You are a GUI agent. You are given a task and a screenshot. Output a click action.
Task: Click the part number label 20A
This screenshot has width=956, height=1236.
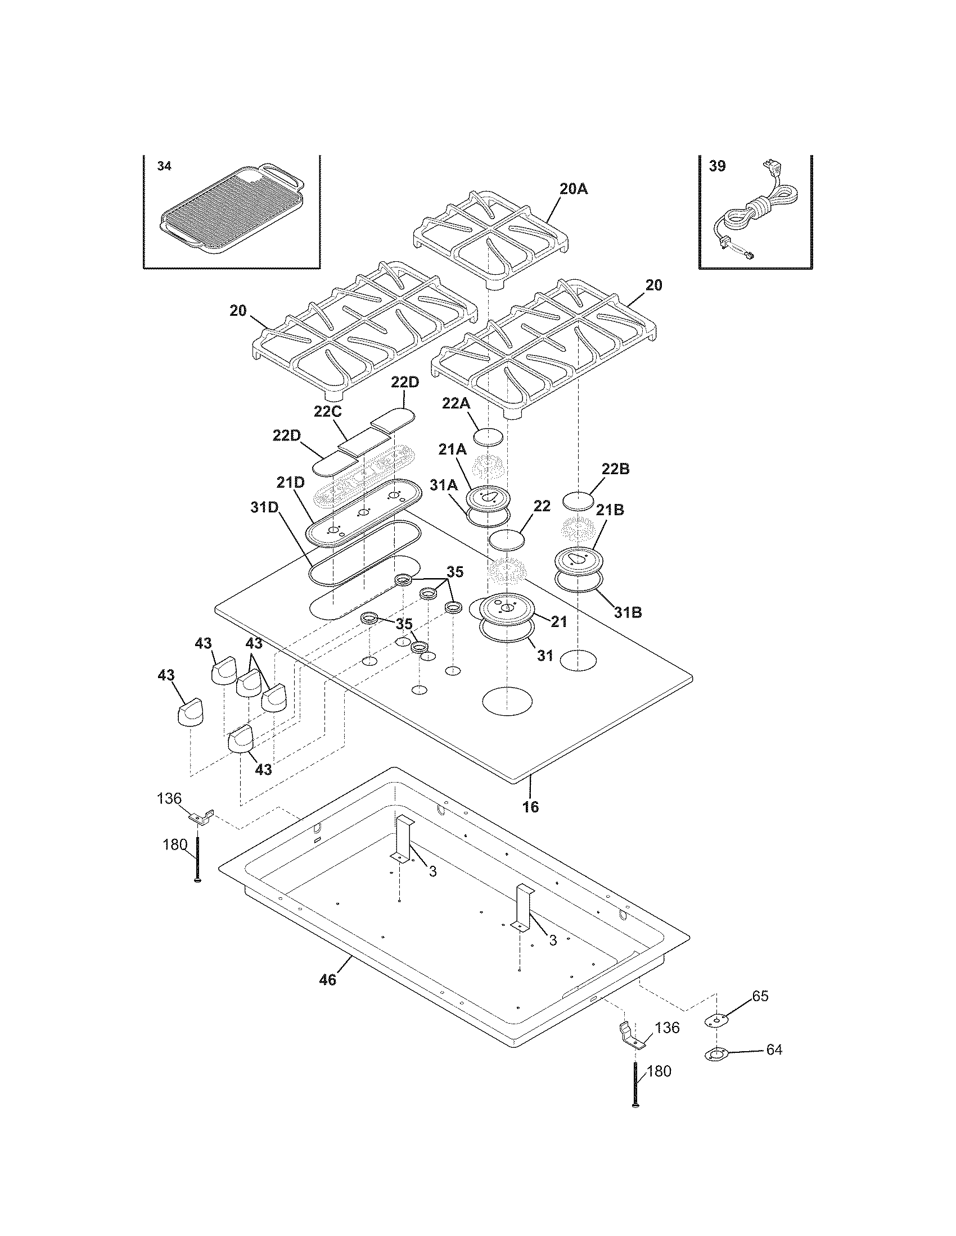pos(573,189)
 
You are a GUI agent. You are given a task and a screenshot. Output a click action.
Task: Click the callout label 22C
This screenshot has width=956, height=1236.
pos(328,411)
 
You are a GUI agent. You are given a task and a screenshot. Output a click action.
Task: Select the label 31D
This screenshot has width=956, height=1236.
pos(264,508)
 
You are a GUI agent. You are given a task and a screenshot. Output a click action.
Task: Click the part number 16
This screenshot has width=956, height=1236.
pos(530,807)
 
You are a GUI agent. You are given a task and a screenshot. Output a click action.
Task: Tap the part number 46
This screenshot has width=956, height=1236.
pos(327,979)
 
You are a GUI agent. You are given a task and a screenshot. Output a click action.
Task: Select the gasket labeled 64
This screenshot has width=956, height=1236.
pos(716,1055)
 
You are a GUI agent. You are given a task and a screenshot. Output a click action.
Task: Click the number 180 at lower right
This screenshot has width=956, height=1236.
pos(658,1071)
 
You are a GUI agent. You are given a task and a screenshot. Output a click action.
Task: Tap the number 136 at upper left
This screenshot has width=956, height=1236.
pos(169,798)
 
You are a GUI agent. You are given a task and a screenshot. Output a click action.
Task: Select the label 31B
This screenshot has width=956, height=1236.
pos(626,612)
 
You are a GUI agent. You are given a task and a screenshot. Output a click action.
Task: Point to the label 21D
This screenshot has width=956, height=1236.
pos(291,483)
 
